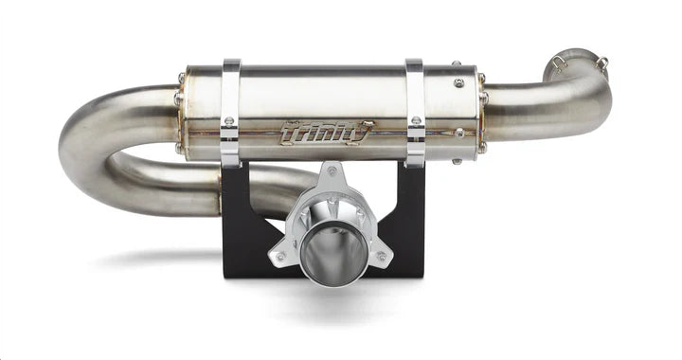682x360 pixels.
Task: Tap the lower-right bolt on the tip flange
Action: click(381, 256)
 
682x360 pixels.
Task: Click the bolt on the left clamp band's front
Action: click(229, 121)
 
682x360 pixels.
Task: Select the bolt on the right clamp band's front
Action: click(416, 121)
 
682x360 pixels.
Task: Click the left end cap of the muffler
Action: click(183, 112)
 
